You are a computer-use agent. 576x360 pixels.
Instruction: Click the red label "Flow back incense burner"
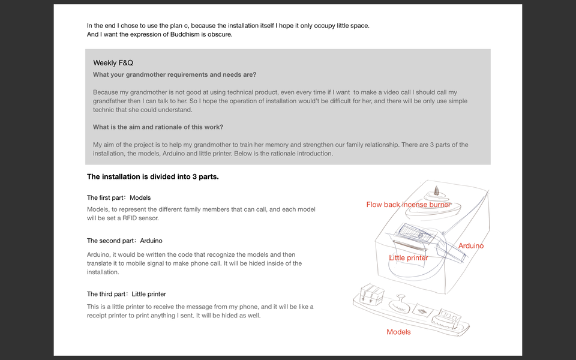click(x=409, y=205)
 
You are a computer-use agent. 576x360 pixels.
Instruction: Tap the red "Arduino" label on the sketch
click(x=471, y=246)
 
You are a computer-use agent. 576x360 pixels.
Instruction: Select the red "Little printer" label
click(x=409, y=258)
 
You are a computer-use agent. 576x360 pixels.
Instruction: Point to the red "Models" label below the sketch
click(x=398, y=332)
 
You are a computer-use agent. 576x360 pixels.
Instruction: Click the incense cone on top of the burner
click(x=436, y=190)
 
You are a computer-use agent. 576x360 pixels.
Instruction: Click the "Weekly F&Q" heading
click(x=113, y=63)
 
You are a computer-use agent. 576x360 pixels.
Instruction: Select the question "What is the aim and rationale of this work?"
click(x=157, y=127)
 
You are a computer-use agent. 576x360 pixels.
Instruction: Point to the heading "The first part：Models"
click(x=119, y=197)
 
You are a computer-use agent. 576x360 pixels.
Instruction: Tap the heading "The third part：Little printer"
click(x=126, y=294)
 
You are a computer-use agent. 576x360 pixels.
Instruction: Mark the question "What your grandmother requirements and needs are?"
click(x=175, y=75)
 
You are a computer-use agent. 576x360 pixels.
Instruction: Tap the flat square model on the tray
click(x=423, y=310)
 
